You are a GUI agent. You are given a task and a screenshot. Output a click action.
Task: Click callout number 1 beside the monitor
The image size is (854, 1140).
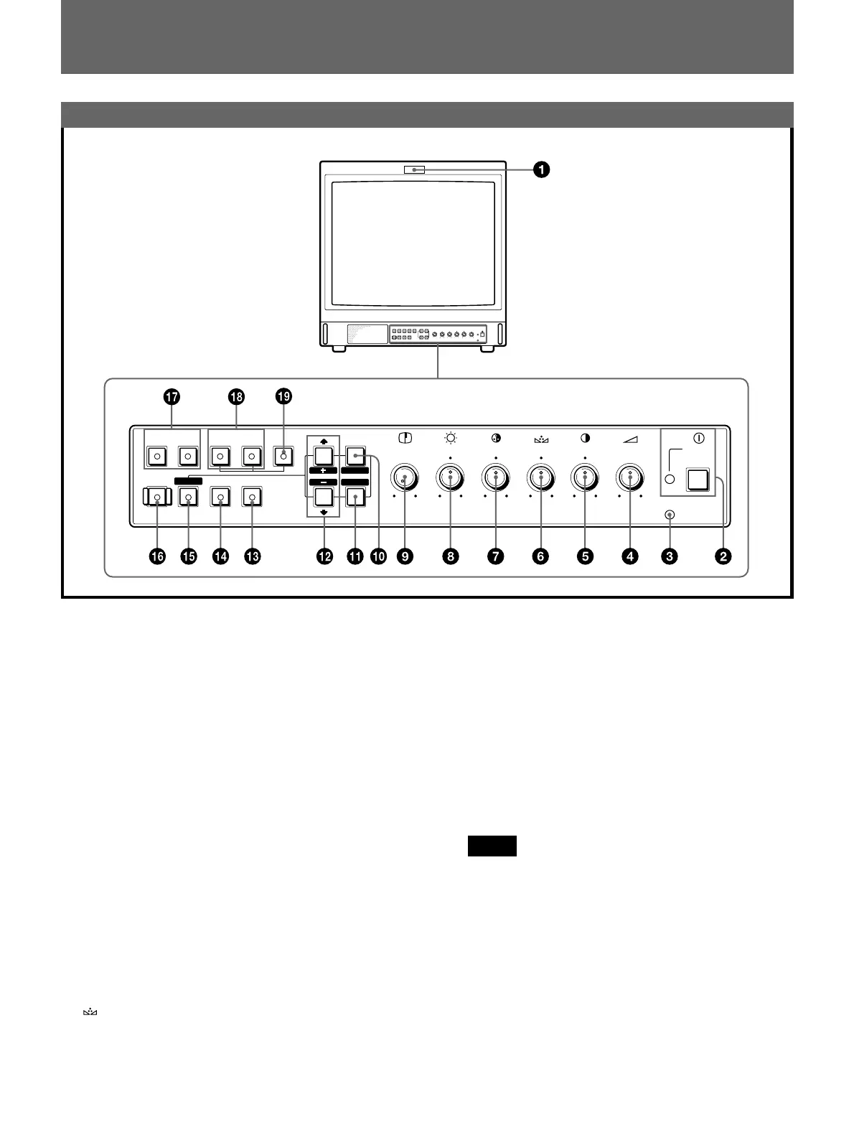tap(541, 170)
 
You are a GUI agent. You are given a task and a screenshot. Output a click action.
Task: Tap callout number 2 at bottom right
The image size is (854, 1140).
tap(723, 556)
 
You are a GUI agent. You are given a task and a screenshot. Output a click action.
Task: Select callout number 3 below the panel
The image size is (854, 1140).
tap(670, 556)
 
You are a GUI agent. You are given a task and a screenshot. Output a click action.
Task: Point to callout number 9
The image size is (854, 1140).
tap(406, 556)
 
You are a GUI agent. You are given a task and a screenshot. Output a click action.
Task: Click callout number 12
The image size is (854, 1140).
tap(325, 556)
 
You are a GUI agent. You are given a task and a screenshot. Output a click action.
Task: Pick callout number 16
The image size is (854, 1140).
tap(156, 556)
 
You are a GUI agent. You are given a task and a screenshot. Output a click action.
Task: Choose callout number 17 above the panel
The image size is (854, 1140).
tap(171, 396)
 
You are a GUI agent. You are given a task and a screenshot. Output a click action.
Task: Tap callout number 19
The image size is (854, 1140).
tap(284, 396)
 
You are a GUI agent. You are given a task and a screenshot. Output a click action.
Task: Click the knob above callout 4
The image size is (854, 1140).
tap(630, 478)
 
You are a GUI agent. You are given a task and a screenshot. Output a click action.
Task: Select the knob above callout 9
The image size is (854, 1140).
tap(405, 478)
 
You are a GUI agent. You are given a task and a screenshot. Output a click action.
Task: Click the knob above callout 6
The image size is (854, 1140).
tap(540, 478)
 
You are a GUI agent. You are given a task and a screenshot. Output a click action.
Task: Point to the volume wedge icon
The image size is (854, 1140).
tap(630, 439)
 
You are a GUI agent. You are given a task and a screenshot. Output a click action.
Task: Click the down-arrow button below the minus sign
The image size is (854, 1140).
tap(323, 497)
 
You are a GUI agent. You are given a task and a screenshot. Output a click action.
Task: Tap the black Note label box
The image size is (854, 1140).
tap(492, 846)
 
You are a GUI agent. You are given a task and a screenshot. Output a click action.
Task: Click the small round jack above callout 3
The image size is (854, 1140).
tap(670, 515)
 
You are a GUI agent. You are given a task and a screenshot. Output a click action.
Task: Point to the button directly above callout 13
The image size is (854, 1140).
tap(252, 497)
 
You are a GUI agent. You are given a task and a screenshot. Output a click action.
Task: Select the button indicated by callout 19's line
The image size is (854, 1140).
tap(283, 456)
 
